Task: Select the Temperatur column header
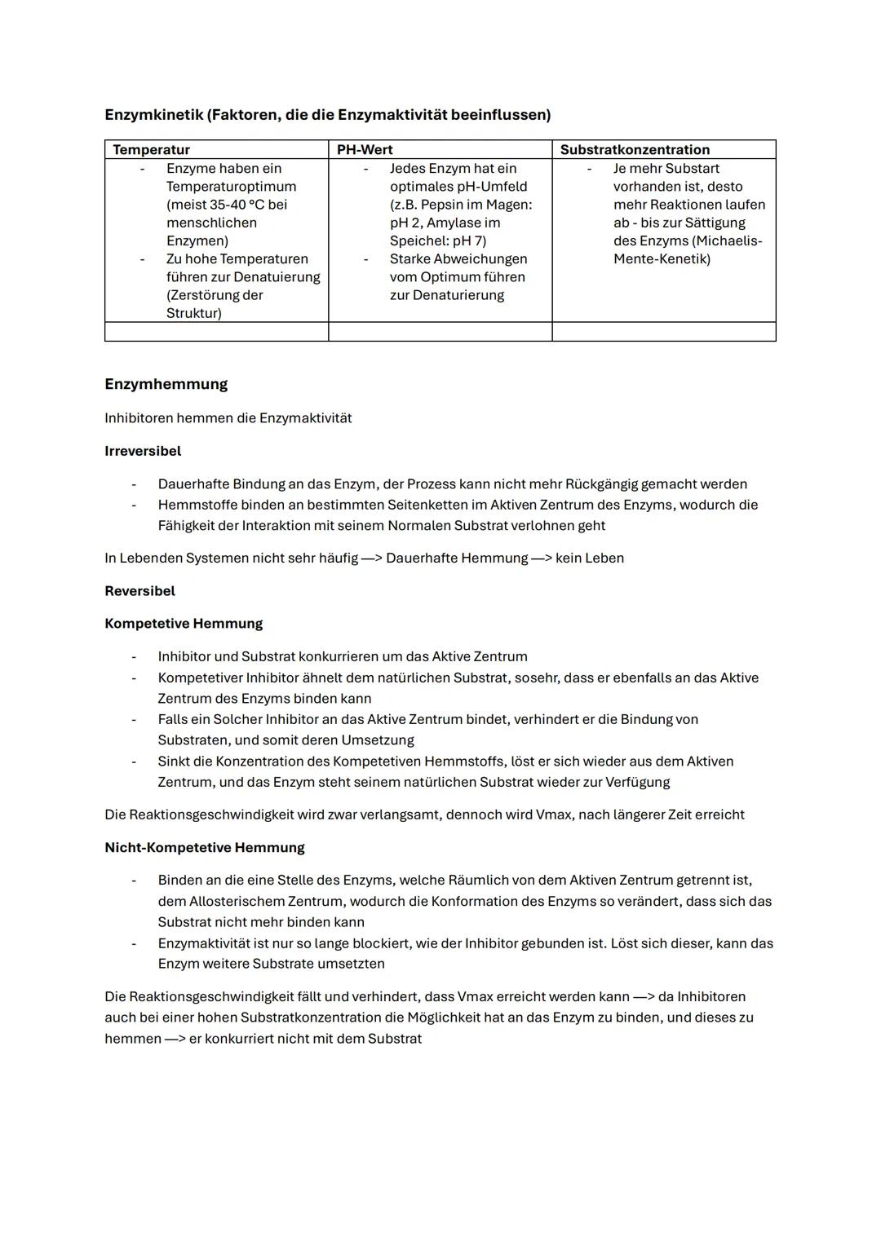point(151,149)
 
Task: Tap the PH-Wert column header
point(365,149)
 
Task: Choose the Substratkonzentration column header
point(635,149)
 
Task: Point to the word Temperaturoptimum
point(231,187)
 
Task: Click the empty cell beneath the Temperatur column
point(216,332)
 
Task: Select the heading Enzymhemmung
point(166,384)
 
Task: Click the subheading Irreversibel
point(143,451)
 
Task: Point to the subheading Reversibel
point(139,591)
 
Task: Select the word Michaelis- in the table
point(727,241)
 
